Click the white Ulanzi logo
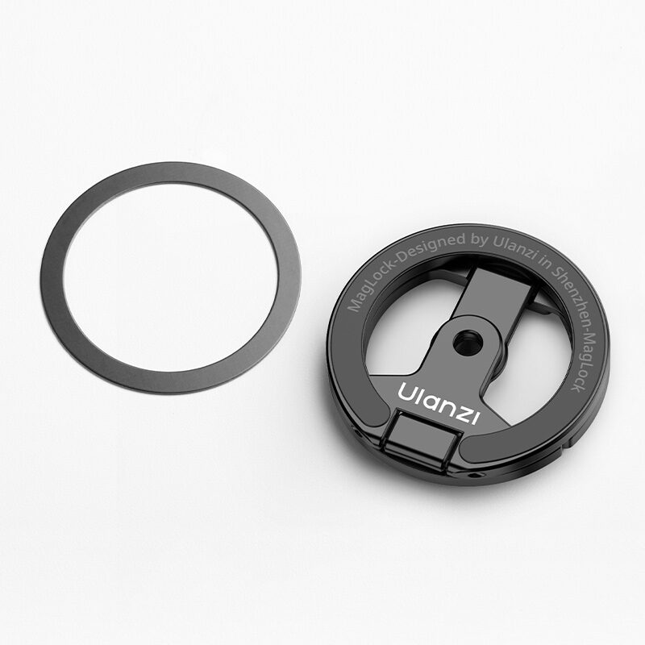click(x=439, y=403)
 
